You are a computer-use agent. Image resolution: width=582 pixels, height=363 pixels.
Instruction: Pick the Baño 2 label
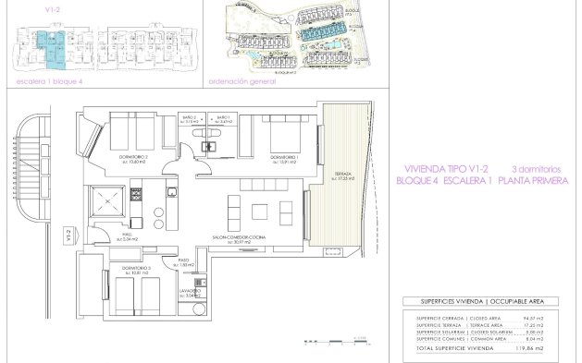pyautogui.click(x=190, y=119)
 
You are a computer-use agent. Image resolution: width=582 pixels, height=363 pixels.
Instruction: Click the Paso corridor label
pyautogui.click(x=184, y=262)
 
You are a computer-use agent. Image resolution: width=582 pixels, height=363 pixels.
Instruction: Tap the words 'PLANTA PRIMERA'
pyautogui.click(x=528, y=182)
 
